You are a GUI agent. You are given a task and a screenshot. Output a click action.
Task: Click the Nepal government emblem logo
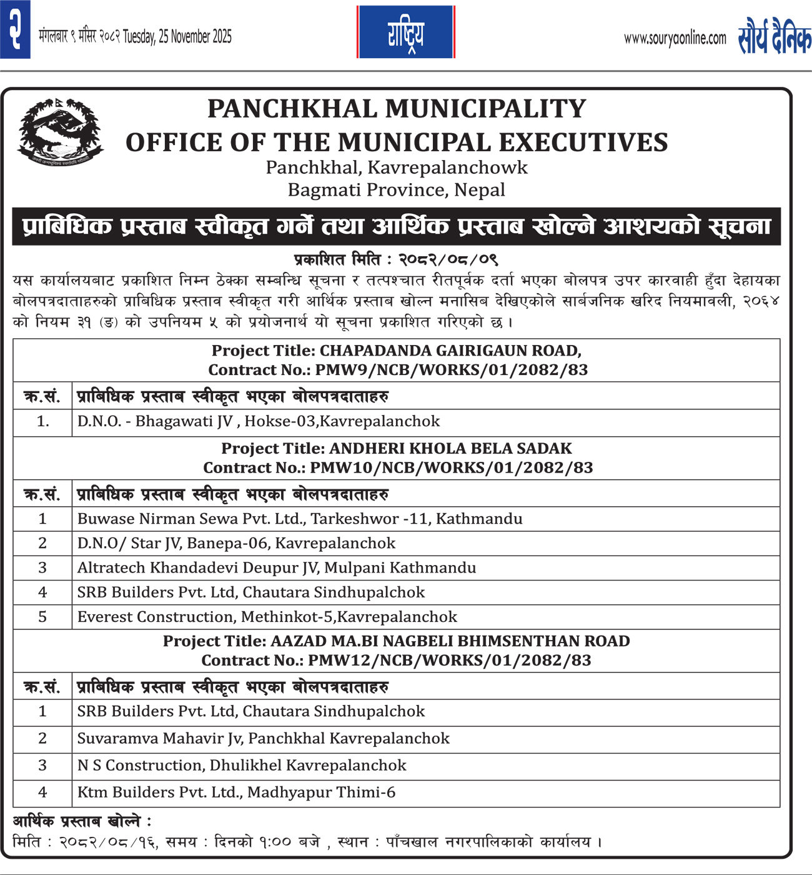click(60, 132)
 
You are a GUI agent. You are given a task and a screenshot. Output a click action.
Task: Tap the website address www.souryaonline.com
click(675, 39)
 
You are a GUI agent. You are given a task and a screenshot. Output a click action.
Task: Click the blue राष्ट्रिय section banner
click(405, 32)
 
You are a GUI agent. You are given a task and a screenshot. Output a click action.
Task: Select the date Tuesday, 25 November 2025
click(177, 37)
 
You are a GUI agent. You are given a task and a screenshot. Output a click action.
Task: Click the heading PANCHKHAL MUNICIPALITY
click(397, 109)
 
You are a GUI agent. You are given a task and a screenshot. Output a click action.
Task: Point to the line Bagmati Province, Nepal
click(397, 190)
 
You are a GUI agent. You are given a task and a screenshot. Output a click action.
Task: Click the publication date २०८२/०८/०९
click(448, 259)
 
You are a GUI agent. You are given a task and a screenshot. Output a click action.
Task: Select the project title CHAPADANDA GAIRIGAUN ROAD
click(450, 351)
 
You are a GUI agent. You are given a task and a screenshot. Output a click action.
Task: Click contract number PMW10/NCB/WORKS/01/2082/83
click(452, 467)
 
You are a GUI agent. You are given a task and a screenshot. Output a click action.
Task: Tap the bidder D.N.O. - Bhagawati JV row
click(259, 421)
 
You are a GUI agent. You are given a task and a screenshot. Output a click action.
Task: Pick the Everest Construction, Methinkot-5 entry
click(267, 617)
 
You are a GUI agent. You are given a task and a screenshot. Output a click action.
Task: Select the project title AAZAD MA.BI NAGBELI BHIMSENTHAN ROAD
click(450, 641)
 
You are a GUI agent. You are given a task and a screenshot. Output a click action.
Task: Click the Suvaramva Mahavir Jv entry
click(263, 738)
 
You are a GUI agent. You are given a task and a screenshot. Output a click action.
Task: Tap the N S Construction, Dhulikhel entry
click(242, 765)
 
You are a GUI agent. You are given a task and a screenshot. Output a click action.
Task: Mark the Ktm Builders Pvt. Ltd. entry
click(236, 792)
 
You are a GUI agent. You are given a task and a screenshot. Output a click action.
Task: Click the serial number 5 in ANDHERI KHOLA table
click(42, 617)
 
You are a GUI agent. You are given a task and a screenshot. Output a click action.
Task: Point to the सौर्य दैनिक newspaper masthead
click(775, 37)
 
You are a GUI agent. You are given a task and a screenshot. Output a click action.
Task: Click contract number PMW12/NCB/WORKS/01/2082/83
click(450, 661)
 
